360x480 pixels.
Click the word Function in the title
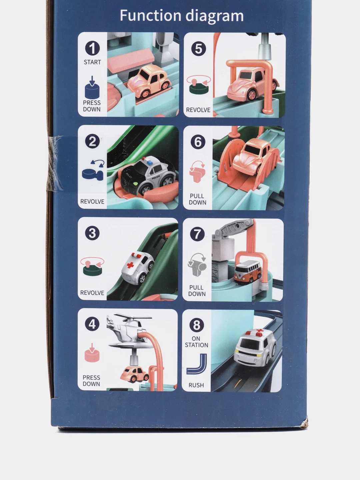point(151,15)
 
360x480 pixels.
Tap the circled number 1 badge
point(92,48)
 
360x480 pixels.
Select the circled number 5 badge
point(198,49)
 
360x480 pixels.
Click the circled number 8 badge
point(197,325)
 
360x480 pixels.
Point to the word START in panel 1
point(92,62)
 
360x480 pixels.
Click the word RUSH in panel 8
point(196,385)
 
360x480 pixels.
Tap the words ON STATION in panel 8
point(196,342)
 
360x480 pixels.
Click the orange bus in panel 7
point(248,272)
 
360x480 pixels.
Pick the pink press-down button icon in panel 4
point(92,353)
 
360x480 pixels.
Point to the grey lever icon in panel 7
point(197,265)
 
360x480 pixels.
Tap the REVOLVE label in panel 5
point(198,110)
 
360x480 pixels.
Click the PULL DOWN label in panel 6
point(197,199)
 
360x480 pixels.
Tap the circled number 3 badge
point(92,233)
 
